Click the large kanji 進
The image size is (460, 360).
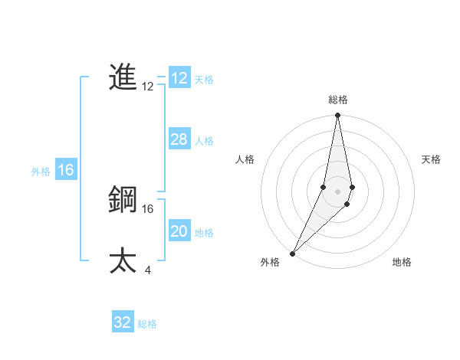[x=123, y=77]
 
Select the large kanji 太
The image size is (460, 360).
[x=123, y=260]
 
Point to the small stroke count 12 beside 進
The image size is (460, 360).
[x=148, y=87]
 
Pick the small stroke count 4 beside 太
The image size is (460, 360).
[x=147, y=270]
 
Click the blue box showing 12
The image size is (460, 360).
[x=179, y=78]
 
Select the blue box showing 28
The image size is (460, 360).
[x=179, y=139]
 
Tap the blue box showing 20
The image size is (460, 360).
[x=179, y=231]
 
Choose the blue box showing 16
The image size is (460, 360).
[x=66, y=170]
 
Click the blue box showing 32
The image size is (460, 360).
[x=123, y=322]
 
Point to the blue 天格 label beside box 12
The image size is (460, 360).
[x=204, y=80]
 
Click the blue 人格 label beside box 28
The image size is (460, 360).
[x=204, y=141]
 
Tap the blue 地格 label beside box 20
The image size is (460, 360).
[x=204, y=233]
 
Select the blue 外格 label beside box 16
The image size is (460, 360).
[x=41, y=172]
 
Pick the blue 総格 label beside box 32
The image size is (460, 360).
[x=147, y=324]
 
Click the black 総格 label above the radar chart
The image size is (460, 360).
[x=338, y=100]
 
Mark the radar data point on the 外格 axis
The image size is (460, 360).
[x=293, y=253]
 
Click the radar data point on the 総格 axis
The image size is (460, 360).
[x=338, y=116]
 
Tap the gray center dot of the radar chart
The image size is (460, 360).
[x=338, y=191]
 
